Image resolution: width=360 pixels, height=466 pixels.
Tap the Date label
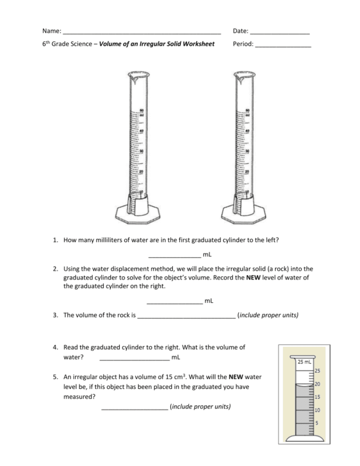240,31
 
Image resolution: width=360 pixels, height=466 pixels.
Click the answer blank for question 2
174,301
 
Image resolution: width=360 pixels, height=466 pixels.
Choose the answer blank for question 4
134,357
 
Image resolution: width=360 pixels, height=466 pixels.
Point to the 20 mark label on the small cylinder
318,384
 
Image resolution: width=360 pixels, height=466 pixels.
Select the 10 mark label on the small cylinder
318,410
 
